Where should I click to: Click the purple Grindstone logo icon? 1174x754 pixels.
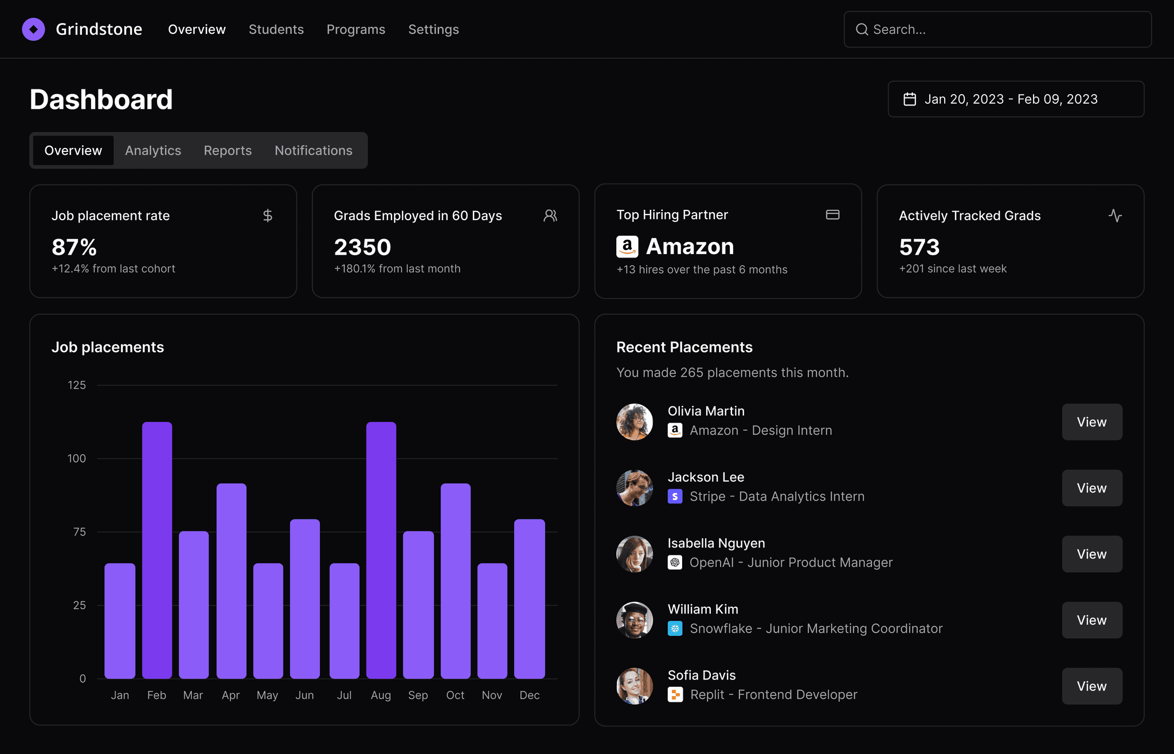(x=33, y=29)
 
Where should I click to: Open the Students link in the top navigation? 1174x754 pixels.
(x=276, y=29)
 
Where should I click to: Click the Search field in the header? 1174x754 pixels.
(x=997, y=29)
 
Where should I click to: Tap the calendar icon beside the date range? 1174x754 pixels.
(x=910, y=99)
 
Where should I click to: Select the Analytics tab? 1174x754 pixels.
(x=153, y=150)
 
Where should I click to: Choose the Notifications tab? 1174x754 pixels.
(x=314, y=150)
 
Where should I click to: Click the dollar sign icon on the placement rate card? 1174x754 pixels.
(x=268, y=216)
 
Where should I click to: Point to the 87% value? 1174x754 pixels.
(x=74, y=247)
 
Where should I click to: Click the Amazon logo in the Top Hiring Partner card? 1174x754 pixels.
(x=627, y=247)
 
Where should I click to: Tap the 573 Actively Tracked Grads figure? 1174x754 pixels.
(x=919, y=247)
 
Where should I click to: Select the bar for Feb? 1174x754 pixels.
(x=157, y=550)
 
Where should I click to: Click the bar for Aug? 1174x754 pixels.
(x=381, y=550)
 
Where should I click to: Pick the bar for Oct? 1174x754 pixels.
(x=456, y=581)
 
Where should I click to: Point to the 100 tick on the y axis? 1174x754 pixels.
(x=77, y=458)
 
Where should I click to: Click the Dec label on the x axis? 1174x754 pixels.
(x=530, y=695)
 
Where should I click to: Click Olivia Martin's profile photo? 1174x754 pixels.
(x=635, y=422)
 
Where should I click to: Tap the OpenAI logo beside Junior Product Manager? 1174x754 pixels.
(x=675, y=562)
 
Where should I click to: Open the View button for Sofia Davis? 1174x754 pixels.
(x=1092, y=686)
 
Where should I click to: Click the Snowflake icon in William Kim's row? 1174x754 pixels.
(x=675, y=628)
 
